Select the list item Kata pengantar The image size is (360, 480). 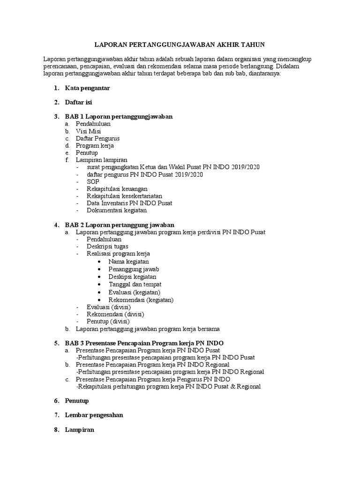click(x=88, y=88)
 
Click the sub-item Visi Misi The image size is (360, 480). click(x=88, y=131)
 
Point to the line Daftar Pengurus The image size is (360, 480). click(x=97, y=139)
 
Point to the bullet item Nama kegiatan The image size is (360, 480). click(x=128, y=262)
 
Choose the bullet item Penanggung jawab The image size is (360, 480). click(x=134, y=269)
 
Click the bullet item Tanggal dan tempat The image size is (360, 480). click(x=135, y=284)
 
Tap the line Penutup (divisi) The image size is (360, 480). click(x=108, y=321)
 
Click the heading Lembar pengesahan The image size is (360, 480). click(x=94, y=415)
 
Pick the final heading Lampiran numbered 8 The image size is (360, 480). click(x=80, y=430)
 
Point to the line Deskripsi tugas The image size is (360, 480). click(x=107, y=247)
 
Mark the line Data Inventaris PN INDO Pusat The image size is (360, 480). click(x=129, y=203)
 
